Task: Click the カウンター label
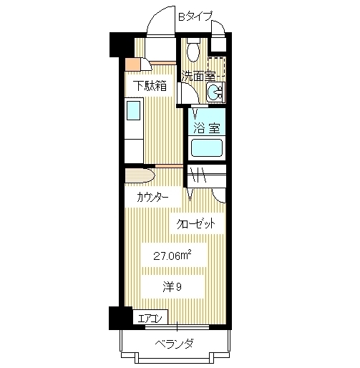(x=152, y=197)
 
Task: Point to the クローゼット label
(x=197, y=223)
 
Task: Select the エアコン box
(x=152, y=318)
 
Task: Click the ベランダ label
(x=175, y=344)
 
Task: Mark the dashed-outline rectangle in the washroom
(x=217, y=65)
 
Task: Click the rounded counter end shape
(x=139, y=176)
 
